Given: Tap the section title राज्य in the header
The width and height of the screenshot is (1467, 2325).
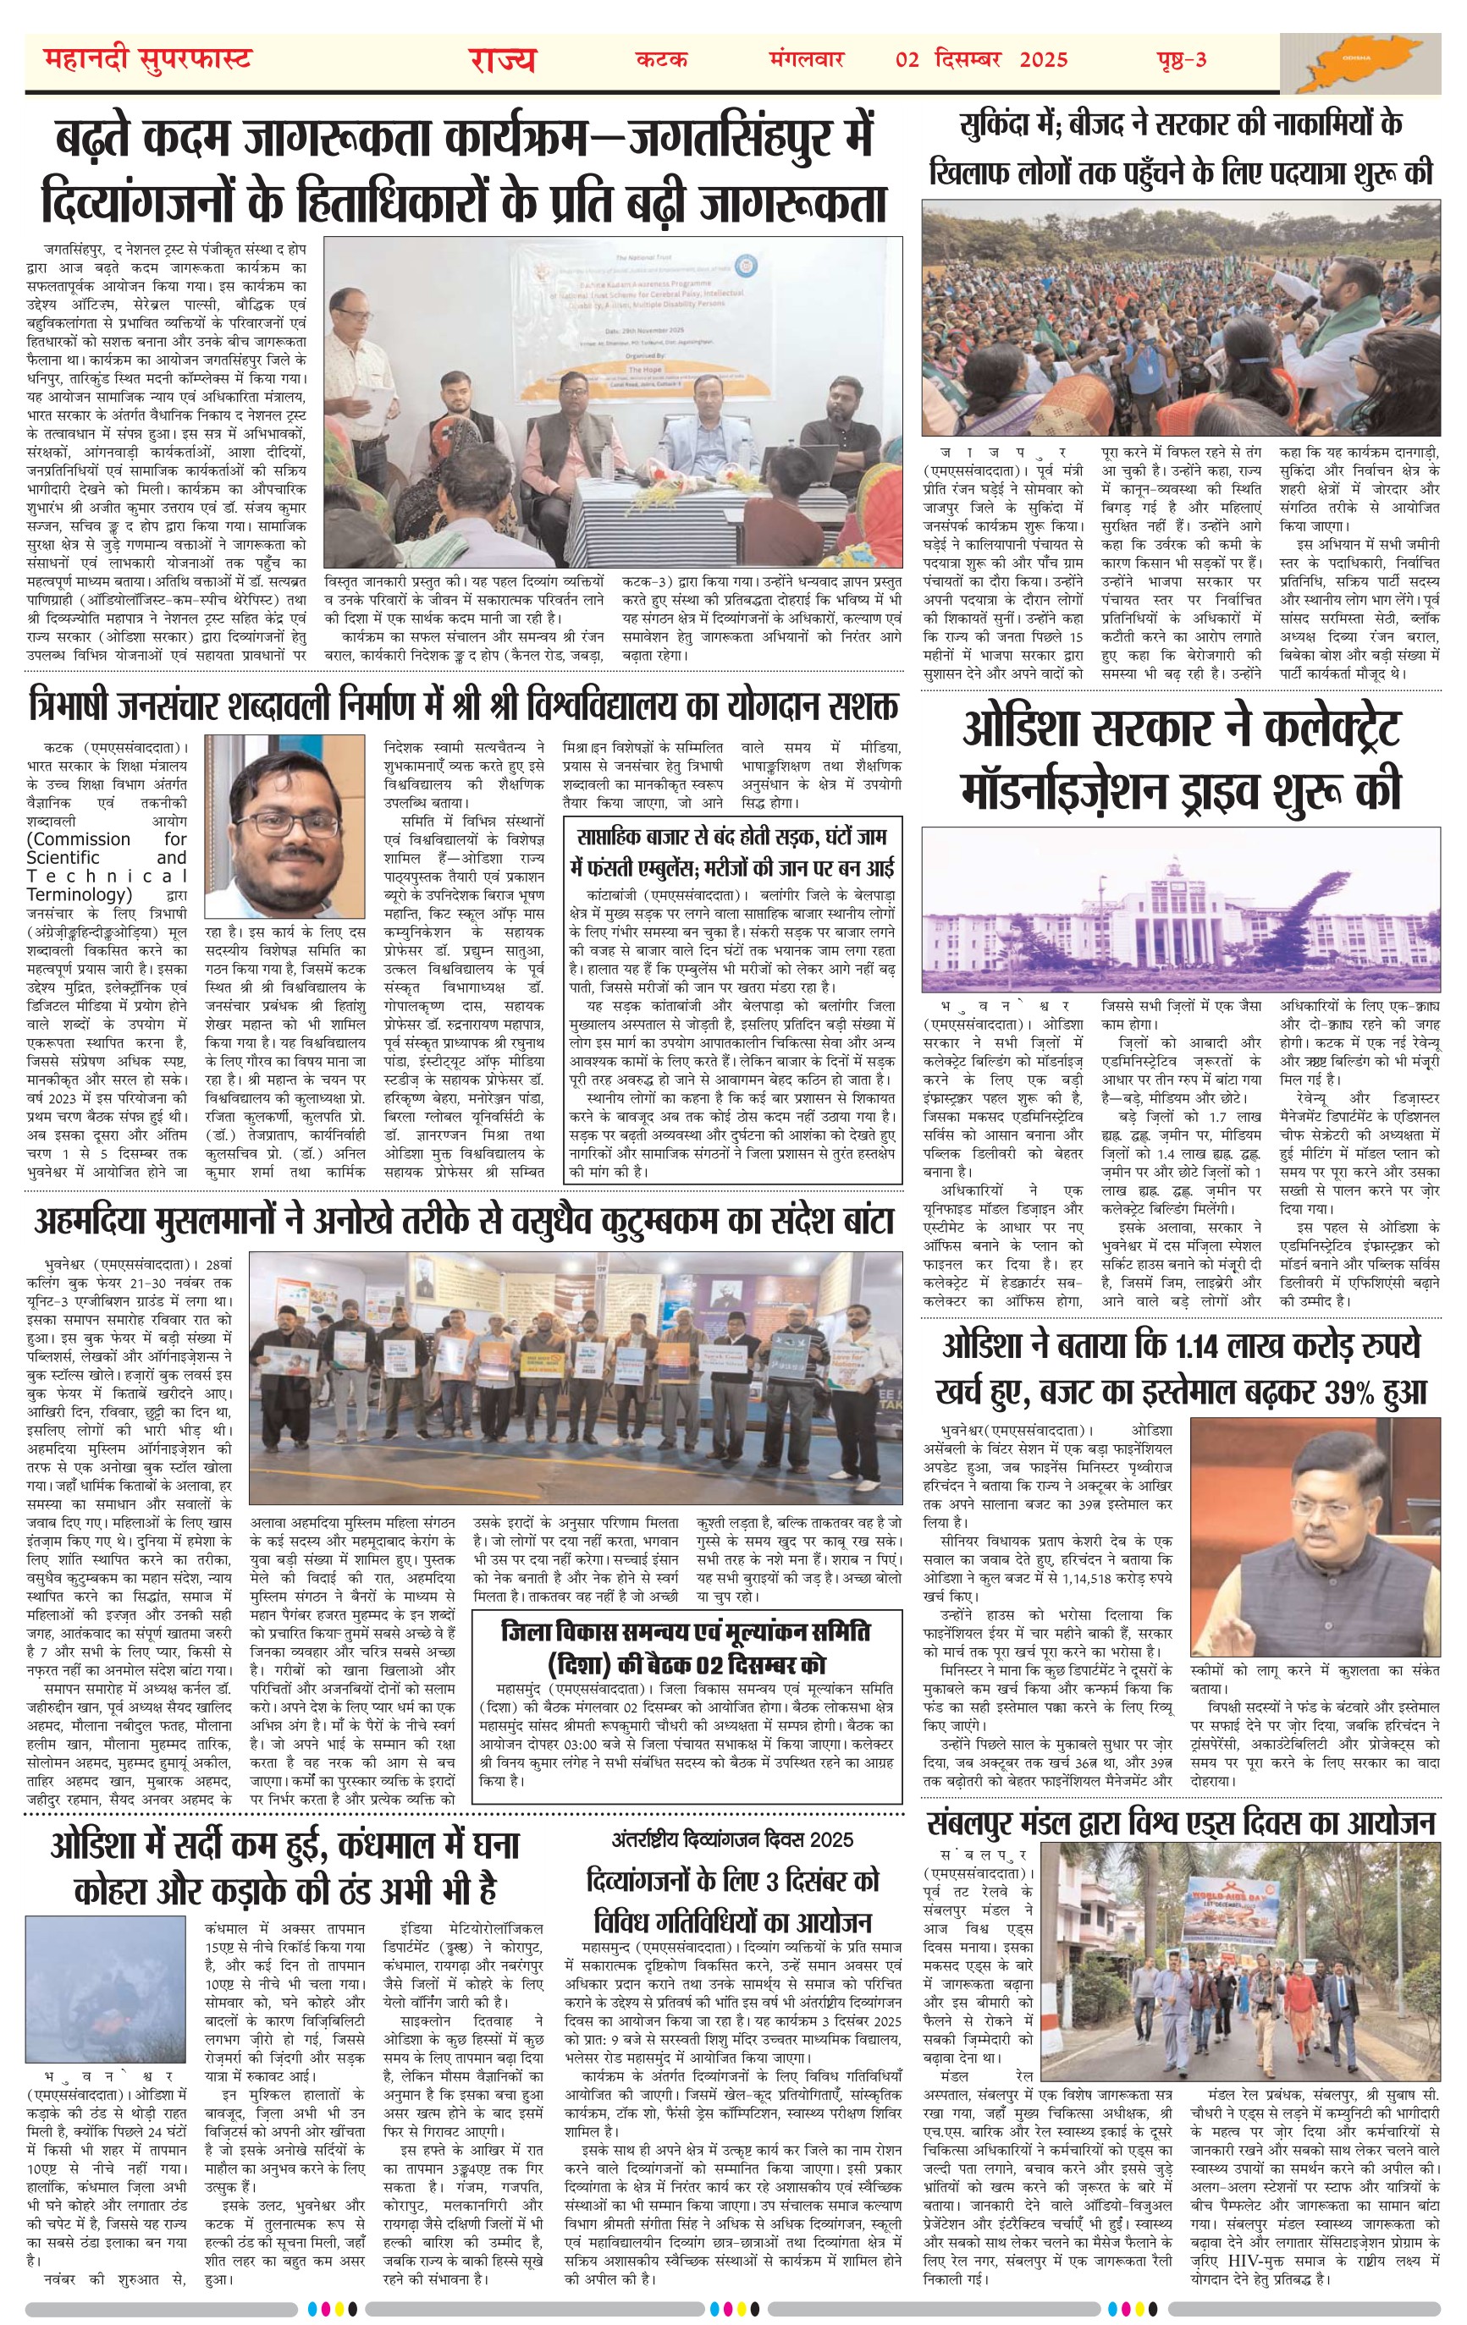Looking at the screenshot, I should coord(503,60).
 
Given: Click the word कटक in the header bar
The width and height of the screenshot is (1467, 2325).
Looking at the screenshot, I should coord(662,60).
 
